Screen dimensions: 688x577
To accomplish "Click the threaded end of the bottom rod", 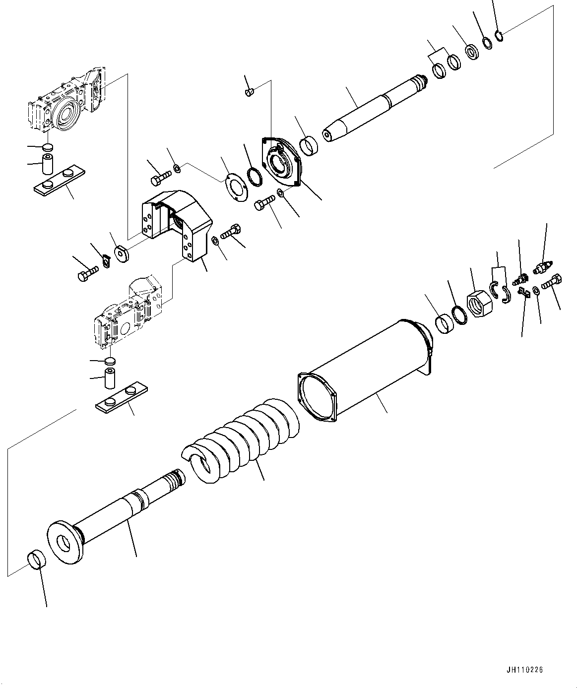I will coord(176,478).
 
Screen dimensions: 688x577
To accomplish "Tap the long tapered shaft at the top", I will coord(372,109).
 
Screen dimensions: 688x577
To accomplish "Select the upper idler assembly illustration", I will coord(64,104).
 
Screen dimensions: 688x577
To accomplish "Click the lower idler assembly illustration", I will coord(129,313).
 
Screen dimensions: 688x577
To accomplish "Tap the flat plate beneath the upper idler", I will coord(59,183).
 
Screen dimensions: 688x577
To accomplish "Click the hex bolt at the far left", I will coord(85,274).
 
